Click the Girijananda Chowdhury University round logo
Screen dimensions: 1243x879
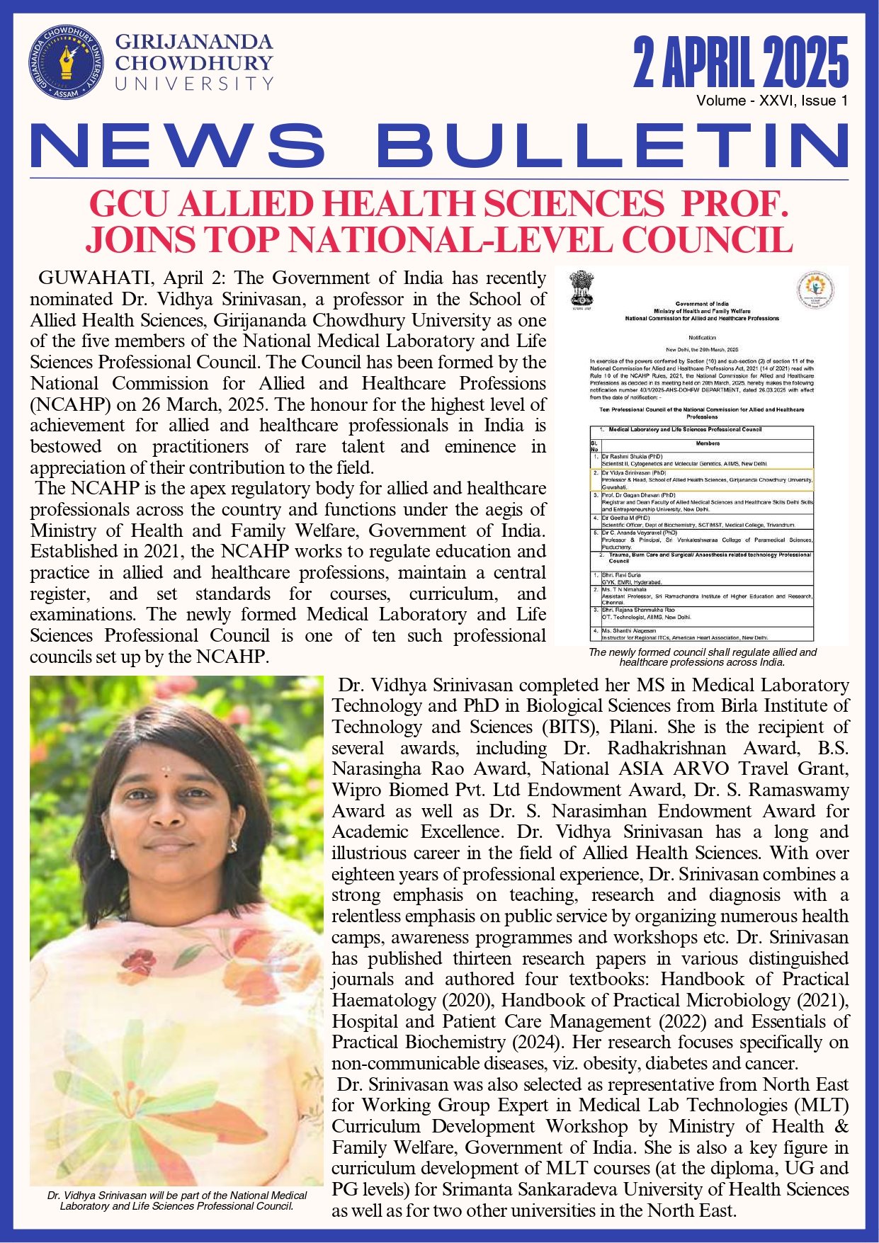pyautogui.click(x=66, y=63)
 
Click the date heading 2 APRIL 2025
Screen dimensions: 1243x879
pyautogui.click(x=741, y=63)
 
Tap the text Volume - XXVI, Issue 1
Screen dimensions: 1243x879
pyautogui.click(x=771, y=101)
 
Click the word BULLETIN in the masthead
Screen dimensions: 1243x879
pyautogui.click(x=612, y=147)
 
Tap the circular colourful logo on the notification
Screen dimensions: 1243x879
pyautogui.click(x=815, y=290)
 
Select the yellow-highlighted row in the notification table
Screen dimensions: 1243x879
pyautogui.click(x=701, y=479)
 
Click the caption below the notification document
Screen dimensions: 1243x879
pyautogui.click(x=702, y=657)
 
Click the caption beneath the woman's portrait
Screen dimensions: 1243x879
pyautogui.click(x=176, y=1200)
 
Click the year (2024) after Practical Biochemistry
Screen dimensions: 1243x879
pyautogui.click(x=535, y=1042)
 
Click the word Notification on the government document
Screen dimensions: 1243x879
pyautogui.click(x=702, y=337)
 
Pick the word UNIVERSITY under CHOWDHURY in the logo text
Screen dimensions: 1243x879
pyautogui.click(x=194, y=84)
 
